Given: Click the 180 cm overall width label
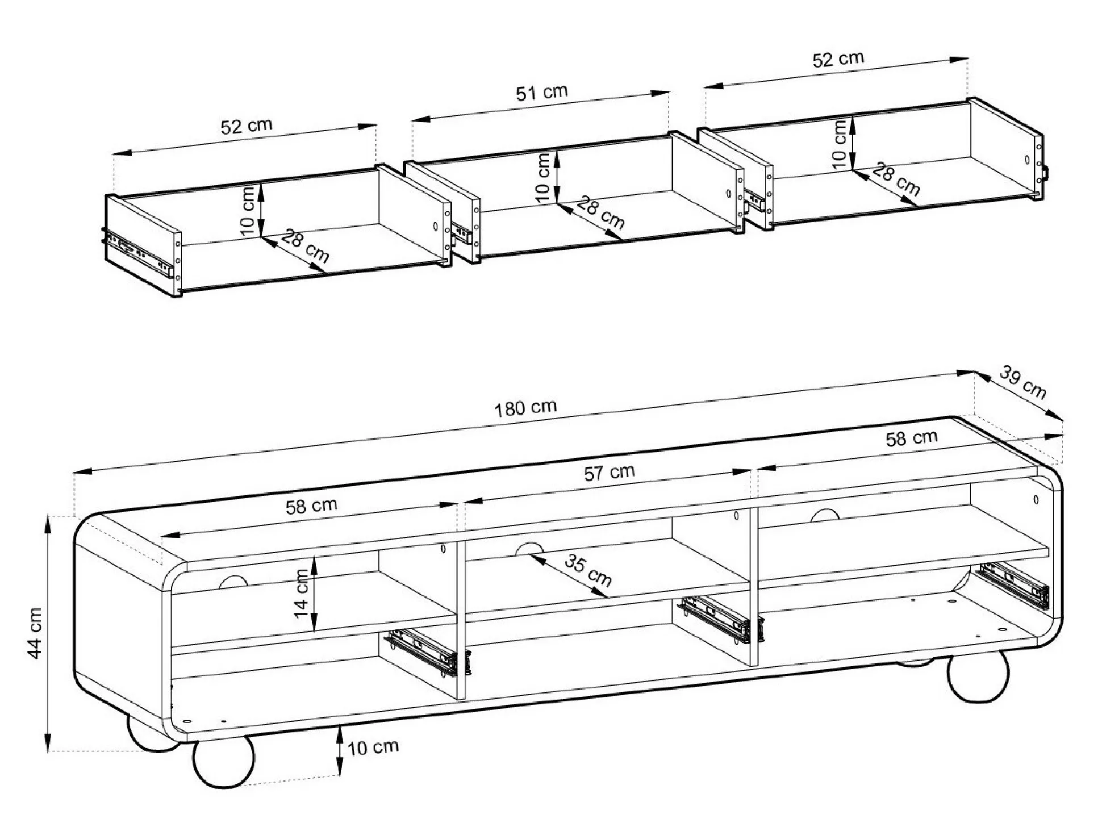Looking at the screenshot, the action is [x=525, y=408].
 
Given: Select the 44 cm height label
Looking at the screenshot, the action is [x=35, y=633].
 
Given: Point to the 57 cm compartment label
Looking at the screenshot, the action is [x=609, y=473].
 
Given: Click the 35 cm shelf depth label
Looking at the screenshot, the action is [x=588, y=571].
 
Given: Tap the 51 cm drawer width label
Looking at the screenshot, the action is [x=541, y=93].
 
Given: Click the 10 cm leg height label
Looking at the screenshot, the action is [x=373, y=747].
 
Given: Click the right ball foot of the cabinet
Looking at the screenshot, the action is [x=978, y=676].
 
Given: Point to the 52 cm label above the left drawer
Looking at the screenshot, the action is [x=247, y=126].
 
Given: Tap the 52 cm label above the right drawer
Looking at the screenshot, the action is [x=838, y=59].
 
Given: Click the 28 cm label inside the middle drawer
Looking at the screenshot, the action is [x=600, y=212].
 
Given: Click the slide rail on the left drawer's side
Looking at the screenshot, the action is [x=138, y=252].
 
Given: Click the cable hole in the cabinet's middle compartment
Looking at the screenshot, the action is [x=528, y=548].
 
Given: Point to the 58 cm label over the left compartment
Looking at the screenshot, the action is [x=311, y=506].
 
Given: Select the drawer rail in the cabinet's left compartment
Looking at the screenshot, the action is [x=424, y=651].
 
